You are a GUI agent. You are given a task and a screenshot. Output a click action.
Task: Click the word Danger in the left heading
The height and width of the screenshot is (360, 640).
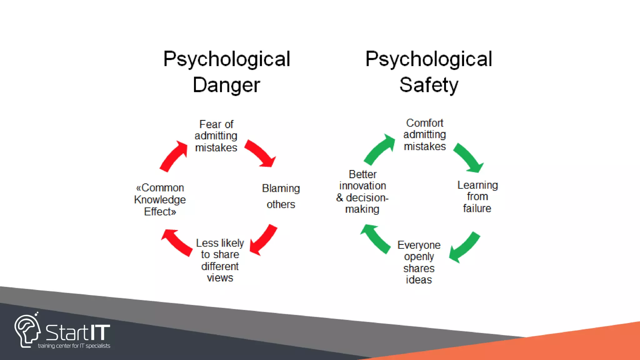pyautogui.click(x=226, y=85)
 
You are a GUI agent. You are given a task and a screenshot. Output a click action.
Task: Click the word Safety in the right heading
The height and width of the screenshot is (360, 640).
pyautogui.click(x=429, y=85)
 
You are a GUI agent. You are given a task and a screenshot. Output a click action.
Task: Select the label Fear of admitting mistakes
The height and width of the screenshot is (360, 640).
pyautogui.click(x=216, y=136)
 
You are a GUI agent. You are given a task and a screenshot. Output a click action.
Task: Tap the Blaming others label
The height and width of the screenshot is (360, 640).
pyautogui.click(x=281, y=196)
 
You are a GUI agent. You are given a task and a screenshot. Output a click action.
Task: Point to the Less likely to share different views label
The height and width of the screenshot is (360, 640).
pyautogui.click(x=220, y=260)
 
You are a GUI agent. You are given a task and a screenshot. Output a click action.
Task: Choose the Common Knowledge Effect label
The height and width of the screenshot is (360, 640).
pyautogui.click(x=160, y=200)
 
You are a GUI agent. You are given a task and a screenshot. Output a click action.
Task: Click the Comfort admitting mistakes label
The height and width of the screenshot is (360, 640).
pyautogui.click(x=425, y=135)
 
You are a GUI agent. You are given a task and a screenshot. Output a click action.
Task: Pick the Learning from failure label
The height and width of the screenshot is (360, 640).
pyautogui.click(x=477, y=197)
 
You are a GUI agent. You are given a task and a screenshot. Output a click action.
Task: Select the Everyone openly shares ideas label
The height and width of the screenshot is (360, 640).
pyautogui.click(x=419, y=262)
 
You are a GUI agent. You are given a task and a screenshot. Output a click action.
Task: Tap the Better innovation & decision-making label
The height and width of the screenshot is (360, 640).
pyautogui.click(x=362, y=192)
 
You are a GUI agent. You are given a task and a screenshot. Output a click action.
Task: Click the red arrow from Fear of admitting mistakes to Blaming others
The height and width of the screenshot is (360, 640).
pyautogui.click(x=260, y=153)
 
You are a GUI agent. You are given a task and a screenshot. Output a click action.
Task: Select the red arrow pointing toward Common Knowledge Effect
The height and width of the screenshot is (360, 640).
pyautogui.click(x=177, y=242)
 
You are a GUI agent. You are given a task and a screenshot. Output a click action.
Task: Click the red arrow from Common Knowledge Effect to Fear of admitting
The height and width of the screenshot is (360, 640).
pyautogui.click(x=173, y=156)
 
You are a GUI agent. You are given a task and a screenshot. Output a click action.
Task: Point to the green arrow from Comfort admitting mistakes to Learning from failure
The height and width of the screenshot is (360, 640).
pyautogui.click(x=468, y=158)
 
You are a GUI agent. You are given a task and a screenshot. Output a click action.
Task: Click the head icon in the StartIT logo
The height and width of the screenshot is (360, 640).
pyautogui.click(x=27, y=331)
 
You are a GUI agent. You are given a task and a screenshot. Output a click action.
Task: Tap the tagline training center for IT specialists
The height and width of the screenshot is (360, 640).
pyautogui.click(x=74, y=346)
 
